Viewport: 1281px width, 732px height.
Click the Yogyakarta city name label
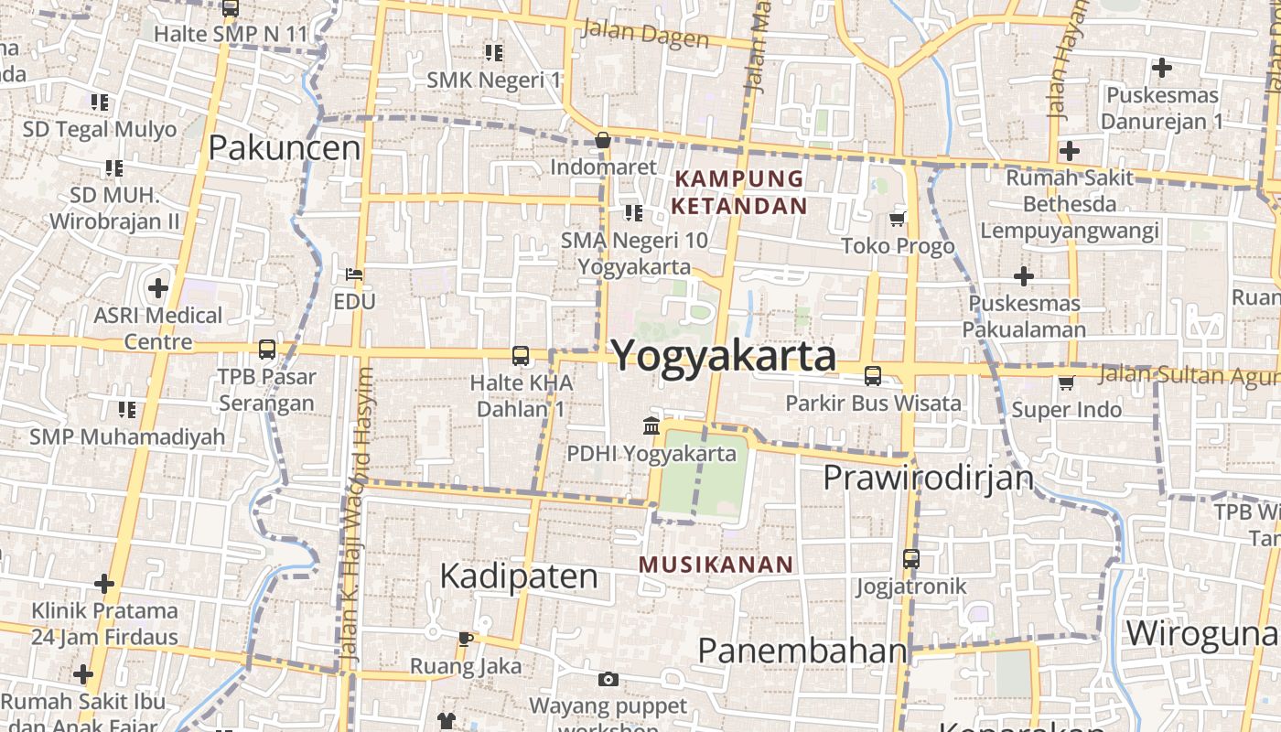pyautogui.click(x=724, y=355)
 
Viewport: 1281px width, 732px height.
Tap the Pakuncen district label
pyautogui.click(x=285, y=147)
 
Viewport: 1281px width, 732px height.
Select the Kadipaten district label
pyautogui.click(x=519, y=576)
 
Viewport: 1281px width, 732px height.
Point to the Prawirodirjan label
pyautogui.click(x=928, y=478)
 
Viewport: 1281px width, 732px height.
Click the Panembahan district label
pyautogui.click(x=802, y=651)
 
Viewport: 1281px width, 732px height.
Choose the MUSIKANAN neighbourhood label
pyautogui.click(x=716, y=565)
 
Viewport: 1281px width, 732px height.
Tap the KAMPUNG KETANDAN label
pyautogui.click(x=739, y=192)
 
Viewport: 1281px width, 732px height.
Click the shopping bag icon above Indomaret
pyautogui.click(x=603, y=140)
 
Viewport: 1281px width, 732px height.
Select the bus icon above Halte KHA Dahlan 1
pyautogui.click(x=521, y=355)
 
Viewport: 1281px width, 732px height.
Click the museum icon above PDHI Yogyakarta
pyautogui.click(x=651, y=425)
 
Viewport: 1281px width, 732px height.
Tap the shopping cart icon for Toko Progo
pyautogui.click(x=898, y=219)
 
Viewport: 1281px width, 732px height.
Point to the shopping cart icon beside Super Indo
pyautogui.click(x=1066, y=382)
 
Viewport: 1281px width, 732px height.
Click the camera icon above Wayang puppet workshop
pyautogui.click(x=608, y=679)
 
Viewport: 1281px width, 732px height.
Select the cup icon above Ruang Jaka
pyautogui.click(x=465, y=639)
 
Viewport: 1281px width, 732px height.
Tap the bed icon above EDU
pyautogui.click(x=354, y=274)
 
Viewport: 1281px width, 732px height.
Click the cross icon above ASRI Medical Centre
pyautogui.click(x=158, y=288)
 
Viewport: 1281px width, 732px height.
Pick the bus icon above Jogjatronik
pyautogui.click(x=910, y=558)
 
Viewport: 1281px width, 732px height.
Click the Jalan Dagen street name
pyautogui.click(x=646, y=34)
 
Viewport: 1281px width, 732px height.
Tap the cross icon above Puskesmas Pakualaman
pyautogui.click(x=1024, y=275)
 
